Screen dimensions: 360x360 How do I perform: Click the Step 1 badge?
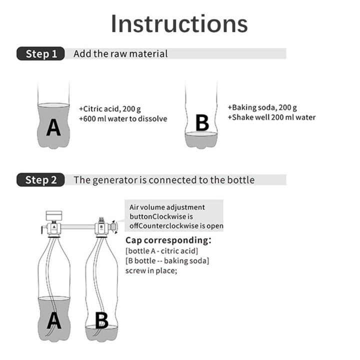40,54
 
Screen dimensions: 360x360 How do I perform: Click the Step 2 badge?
40,180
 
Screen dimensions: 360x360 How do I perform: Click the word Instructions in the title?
179,23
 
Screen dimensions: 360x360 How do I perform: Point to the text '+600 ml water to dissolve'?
123,119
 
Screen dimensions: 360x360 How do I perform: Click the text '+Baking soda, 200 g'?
262,107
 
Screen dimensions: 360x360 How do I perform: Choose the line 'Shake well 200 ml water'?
271,117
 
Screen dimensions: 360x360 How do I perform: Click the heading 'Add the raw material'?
120,53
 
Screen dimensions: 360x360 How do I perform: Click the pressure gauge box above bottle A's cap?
53,215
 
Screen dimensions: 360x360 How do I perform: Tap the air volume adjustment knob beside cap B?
114,227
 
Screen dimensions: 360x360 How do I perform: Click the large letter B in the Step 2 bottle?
101,320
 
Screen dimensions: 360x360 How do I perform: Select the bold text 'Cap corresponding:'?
168,240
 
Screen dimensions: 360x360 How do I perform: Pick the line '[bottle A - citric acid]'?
161,250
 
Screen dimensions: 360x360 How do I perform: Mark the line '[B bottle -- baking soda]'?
167,260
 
